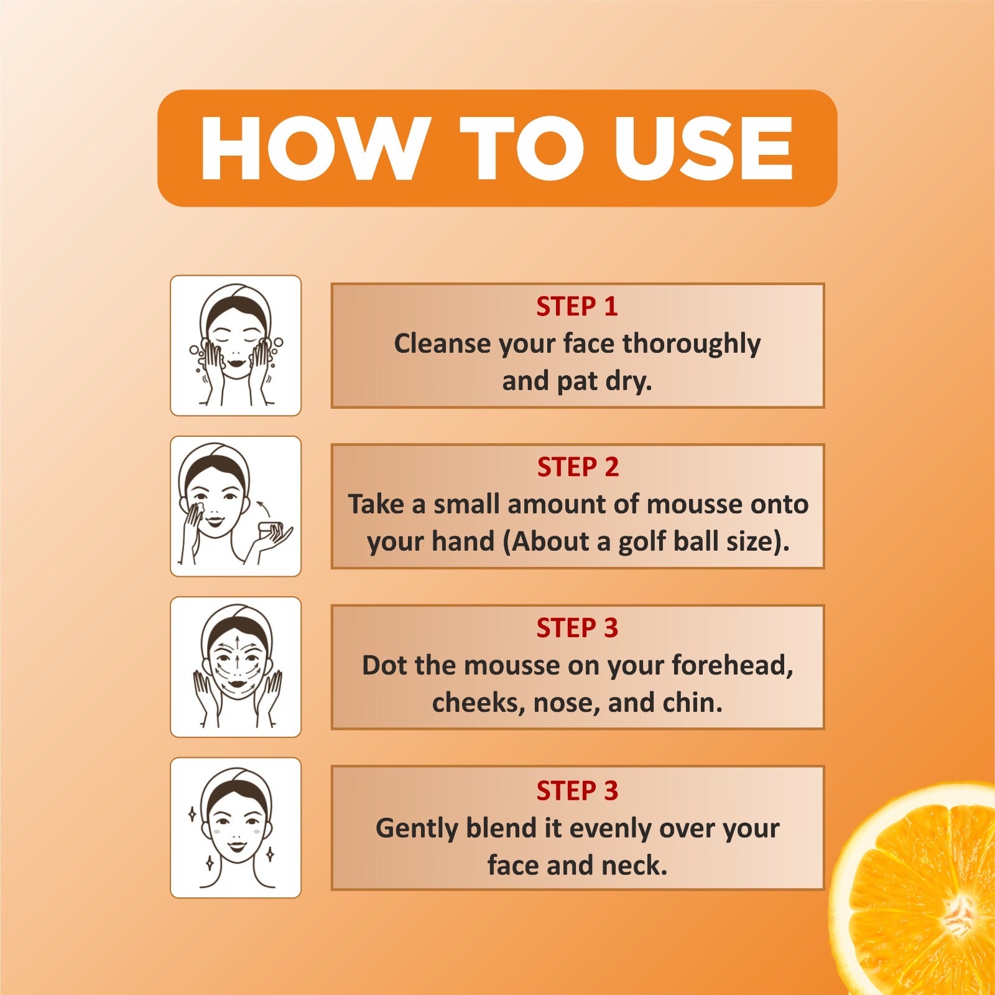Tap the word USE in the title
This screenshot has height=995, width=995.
tap(703, 149)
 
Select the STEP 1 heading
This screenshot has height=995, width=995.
tap(577, 306)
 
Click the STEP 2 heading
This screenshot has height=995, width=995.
tap(578, 467)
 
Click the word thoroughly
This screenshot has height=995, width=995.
tap(692, 344)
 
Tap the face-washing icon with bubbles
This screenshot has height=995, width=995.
tap(236, 345)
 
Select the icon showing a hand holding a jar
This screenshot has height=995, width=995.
tap(236, 506)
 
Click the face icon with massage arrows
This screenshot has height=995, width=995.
tap(236, 666)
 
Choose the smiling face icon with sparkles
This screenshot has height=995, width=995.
tap(236, 828)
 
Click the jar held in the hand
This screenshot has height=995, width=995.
tap(271, 531)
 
